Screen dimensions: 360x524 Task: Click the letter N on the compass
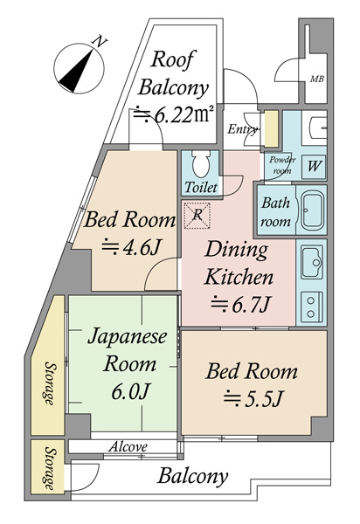tap(100, 42)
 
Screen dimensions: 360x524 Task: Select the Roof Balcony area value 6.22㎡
tap(173, 114)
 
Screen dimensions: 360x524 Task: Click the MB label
tap(316, 79)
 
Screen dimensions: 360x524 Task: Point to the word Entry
tap(242, 129)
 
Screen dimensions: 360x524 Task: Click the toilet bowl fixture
tap(201, 163)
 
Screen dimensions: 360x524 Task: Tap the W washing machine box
tap(314, 165)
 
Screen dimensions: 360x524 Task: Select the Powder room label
tap(281, 165)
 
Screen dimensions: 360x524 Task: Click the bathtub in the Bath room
tap(312, 210)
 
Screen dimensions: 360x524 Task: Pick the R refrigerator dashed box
tap(197, 216)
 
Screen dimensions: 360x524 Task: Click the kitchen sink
tap(312, 263)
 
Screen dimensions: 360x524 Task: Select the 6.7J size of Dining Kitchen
tap(240, 305)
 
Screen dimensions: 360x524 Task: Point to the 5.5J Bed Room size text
tap(253, 398)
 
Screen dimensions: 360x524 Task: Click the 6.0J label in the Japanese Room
tap(129, 391)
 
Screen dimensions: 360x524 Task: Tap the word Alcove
tap(128, 446)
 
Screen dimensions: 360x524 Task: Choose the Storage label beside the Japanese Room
tap(50, 383)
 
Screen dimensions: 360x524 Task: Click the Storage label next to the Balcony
tap(50, 468)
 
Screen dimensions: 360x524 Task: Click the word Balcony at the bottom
tap(193, 476)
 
